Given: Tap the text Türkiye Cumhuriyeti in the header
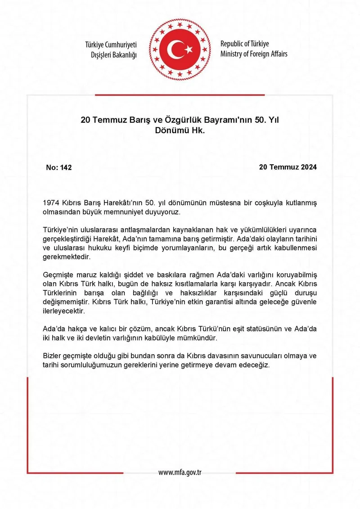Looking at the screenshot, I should pos(111,45).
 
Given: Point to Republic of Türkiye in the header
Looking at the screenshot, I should pos(244,44).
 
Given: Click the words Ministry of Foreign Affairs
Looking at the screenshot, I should pos(254,54).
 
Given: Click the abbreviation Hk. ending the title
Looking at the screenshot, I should pos(198,131).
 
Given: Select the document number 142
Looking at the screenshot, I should pos(66,167).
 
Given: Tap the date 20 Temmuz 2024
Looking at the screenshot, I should pos(288,167).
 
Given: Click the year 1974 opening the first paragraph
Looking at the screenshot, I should pos(51,203).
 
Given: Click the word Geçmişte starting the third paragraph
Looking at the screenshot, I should pos(57,274).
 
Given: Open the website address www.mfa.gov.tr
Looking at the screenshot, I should pos(180,473).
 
